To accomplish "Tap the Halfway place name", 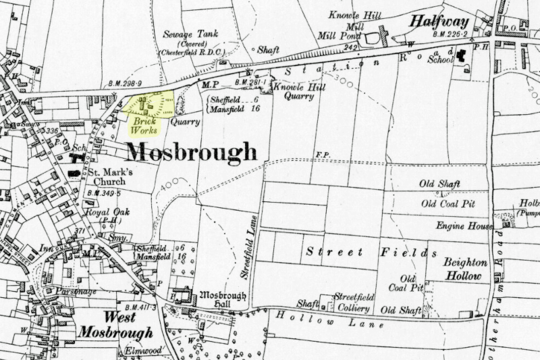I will [441, 22].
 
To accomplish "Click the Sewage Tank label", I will [184, 35].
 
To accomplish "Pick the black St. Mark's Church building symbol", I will [73, 174].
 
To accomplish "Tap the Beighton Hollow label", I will [462, 270].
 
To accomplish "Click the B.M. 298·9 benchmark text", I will [124, 84].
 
